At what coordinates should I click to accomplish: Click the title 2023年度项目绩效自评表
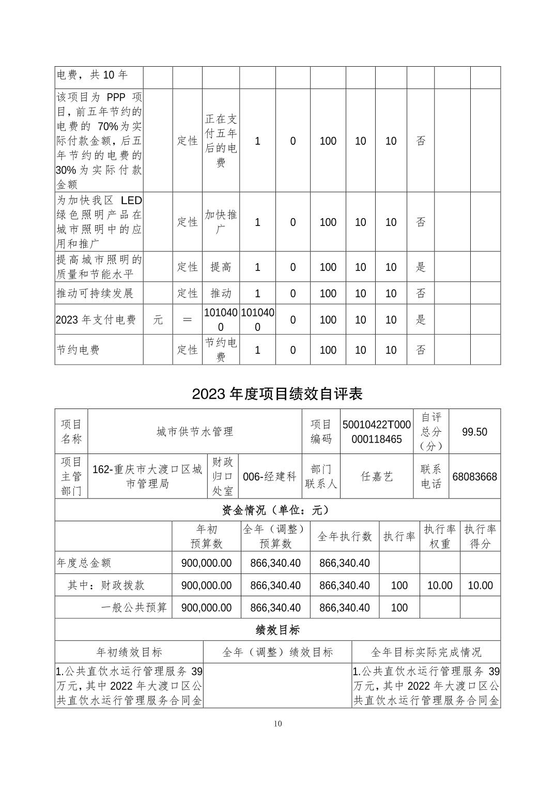[x=277, y=394]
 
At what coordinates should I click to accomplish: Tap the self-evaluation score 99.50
[x=474, y=432]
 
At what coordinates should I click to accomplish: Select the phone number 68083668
[x=474, y=477]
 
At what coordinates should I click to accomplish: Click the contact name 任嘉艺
[x=377, y=477]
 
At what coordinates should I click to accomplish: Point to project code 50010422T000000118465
[x=377, y=432]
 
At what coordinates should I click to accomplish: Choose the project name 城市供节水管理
[x=195, y=432]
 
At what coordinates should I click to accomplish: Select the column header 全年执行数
[x=344, y=537]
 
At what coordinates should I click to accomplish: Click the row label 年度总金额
[x=84, y=563]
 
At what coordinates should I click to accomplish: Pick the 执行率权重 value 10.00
[x=440, y=585]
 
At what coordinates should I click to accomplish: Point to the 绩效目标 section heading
[x=277, y=630]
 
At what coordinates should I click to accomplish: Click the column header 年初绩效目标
[x=129, y=652]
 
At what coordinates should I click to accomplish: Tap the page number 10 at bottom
[x=278, y=723]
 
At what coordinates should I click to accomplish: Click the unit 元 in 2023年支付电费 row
[x=158, y=320]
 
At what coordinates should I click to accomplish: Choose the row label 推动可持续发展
[x=95, y=293]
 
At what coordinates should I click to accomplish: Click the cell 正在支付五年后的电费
[x=221, y=141]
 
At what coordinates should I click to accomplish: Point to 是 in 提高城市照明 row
[x=421, y=267]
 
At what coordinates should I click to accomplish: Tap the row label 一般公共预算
[x=134, y=608]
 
